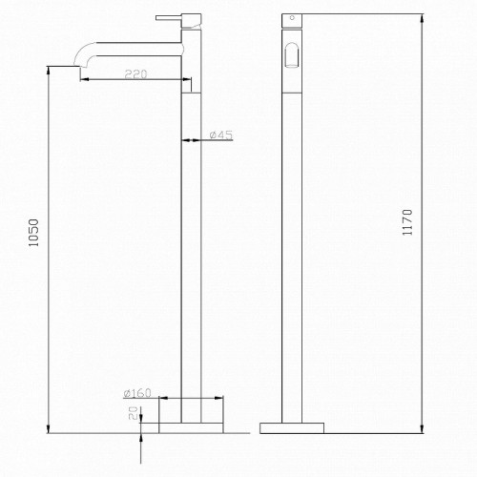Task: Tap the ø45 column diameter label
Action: [220, 135]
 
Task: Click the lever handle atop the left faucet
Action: [169, 16]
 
